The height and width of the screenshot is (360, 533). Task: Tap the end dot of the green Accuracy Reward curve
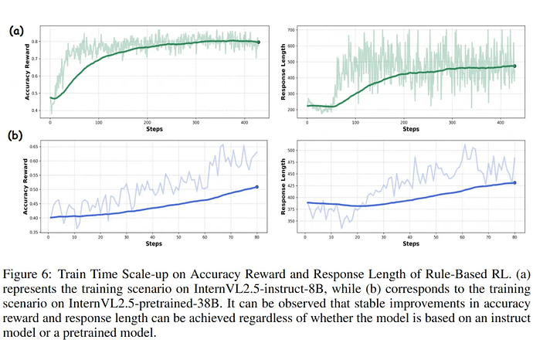pos(259,42)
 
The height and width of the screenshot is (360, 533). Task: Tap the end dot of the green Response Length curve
pos(514,66)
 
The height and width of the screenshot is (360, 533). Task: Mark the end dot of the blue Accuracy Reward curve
pos(256,187)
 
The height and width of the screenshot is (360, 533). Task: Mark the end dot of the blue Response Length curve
pos(514,182)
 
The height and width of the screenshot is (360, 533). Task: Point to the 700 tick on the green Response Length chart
pos(290,30)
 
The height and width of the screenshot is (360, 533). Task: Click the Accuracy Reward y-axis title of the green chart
pos(29,77)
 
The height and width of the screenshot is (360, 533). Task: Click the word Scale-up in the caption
pos(132,275)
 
